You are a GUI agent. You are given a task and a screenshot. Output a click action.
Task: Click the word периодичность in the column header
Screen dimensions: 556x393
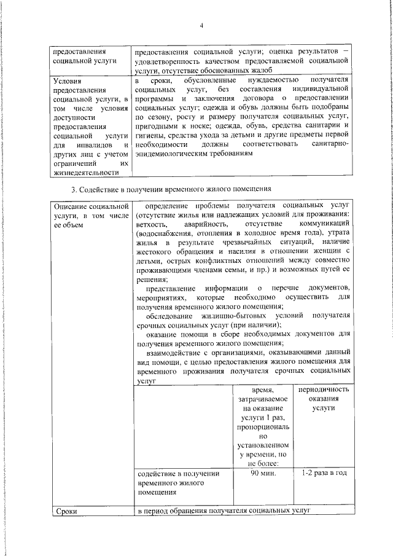[x=324, y=390]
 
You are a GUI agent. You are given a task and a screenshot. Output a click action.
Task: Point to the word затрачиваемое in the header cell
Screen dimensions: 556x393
[x=263, y=399]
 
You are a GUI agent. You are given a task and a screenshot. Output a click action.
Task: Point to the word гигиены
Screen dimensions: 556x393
[x=150, y=135]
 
